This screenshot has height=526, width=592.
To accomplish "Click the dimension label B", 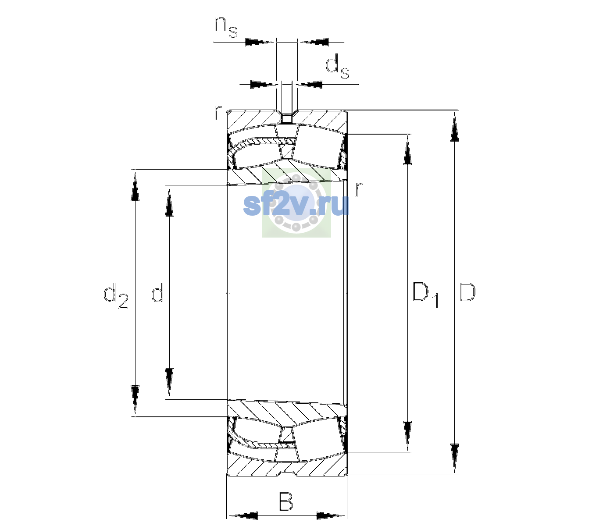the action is point(285,501).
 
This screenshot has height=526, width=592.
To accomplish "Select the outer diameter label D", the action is point(467,292).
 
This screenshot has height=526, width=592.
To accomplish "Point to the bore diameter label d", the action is point(157,292).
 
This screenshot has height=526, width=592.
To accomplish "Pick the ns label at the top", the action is point(226,27).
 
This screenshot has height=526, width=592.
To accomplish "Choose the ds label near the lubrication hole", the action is point(337,67).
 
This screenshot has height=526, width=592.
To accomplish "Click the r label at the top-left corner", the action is point(218,113).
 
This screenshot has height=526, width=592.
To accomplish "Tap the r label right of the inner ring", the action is point(359,189).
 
